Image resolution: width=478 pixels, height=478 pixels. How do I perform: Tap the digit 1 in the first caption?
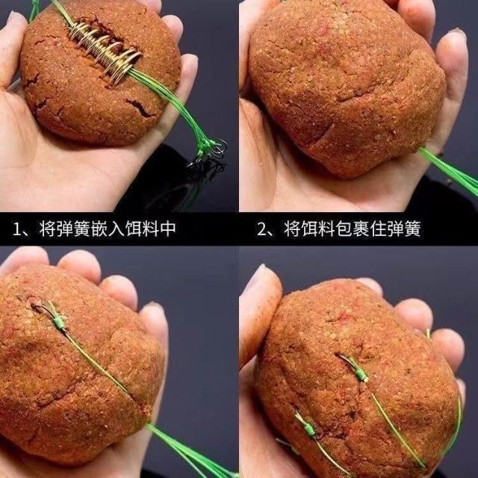point(16,229)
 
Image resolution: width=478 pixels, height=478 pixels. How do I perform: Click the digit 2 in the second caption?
point(262,229)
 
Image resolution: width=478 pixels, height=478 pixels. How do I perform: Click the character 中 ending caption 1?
point(168,229)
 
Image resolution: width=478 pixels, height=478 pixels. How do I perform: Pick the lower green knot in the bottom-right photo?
point(310,428)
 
